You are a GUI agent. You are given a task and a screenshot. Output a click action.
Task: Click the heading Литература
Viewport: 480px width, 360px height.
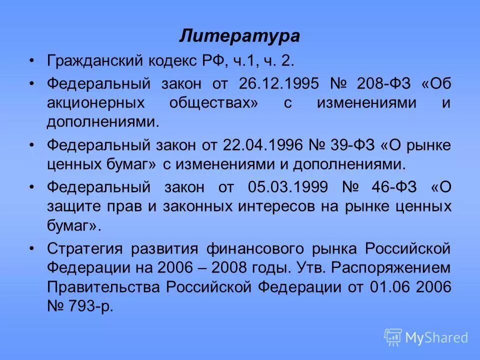[239, 36]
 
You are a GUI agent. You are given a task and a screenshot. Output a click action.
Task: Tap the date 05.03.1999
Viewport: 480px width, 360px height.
[288, 187]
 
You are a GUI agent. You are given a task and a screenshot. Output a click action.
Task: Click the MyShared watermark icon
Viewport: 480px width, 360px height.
[393, 337]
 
